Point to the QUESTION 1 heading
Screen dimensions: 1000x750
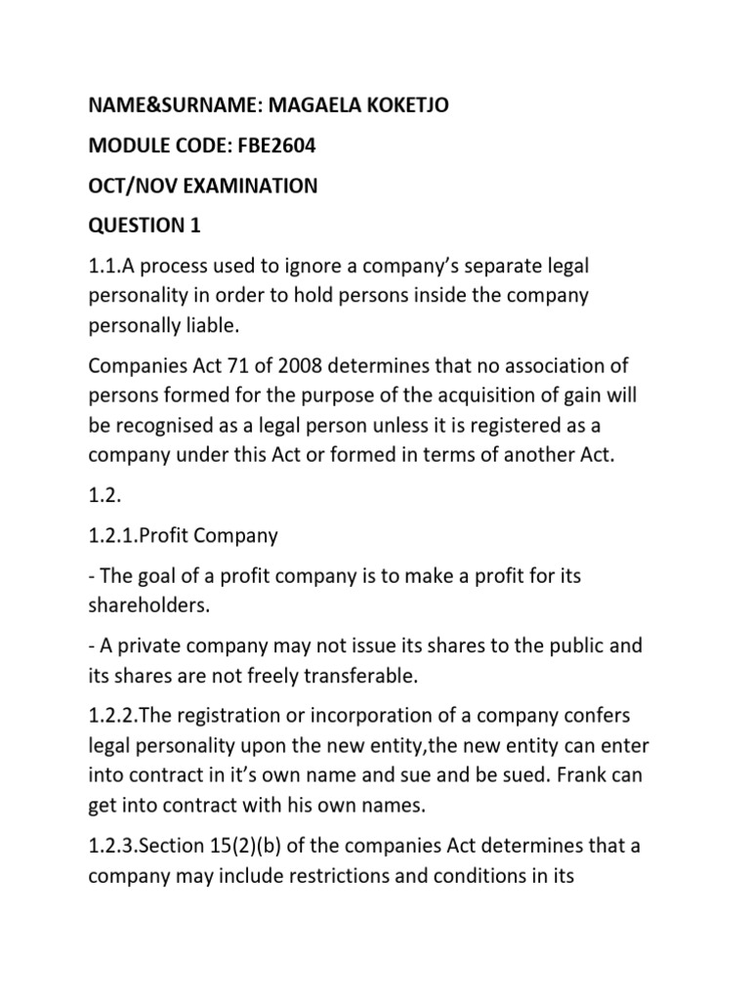coord(145,226)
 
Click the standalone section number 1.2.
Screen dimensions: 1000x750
coord(105,496)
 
